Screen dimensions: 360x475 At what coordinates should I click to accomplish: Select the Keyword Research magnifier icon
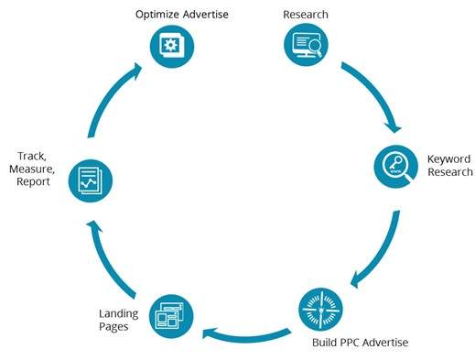coord(395,166)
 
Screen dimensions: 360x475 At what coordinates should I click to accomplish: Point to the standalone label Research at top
coord(305,15)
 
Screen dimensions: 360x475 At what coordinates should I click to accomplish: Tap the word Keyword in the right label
coord(448,159)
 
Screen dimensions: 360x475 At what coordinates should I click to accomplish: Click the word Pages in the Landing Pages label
coord(114,329)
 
